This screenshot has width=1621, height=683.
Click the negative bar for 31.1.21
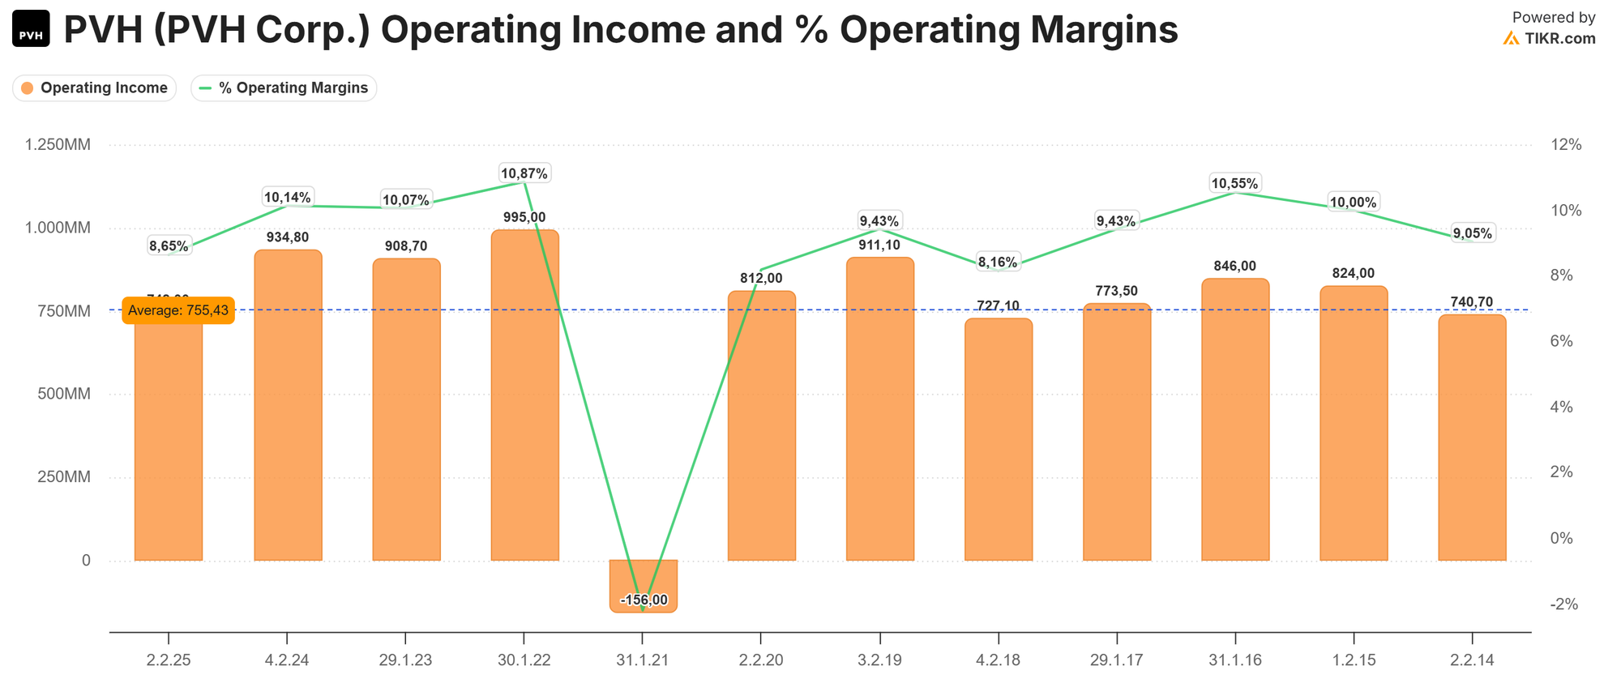(643, 585)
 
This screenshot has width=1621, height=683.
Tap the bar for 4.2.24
(288, 405)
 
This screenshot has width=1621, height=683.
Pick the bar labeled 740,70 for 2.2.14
(1472, 438)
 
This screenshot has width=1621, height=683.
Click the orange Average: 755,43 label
(178, 310)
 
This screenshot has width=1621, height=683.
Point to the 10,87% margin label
(524, 173)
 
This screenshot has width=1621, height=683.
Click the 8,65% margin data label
(169, 245)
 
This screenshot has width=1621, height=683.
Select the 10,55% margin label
(1235, 184)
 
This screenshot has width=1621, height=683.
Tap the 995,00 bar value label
(524, 217)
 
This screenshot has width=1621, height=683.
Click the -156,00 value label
(644, 600)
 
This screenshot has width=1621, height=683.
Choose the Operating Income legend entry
(95, 88)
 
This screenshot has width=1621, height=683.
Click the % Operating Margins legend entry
(284, 88)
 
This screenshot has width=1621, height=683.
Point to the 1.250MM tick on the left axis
(58, 145)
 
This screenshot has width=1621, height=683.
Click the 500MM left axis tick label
(64, 395)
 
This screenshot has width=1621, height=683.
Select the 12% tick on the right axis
(1565, 145)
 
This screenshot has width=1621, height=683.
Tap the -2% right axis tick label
(1563, 604)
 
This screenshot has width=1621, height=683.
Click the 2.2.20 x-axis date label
(761, 660)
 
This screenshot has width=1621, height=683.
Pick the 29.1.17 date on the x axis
(1116, 660)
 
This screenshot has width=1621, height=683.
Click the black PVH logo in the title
(31, 29)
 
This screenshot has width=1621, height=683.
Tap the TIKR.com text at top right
(1559, 38)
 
